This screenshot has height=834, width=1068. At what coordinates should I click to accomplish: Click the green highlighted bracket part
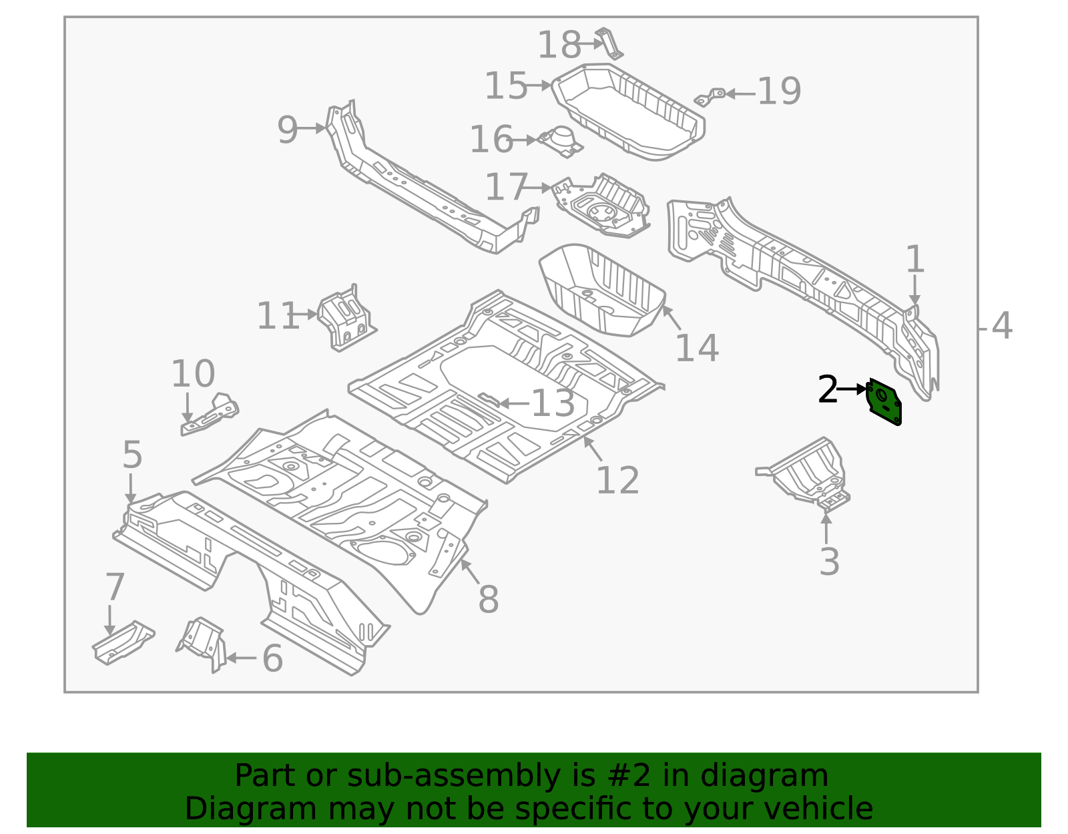(x=884, y=401)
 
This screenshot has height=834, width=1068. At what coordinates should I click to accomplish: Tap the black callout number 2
(x=828, y=389)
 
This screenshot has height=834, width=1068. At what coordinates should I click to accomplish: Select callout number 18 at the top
(x=559, y=45)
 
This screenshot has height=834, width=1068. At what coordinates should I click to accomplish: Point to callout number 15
(x=505, y=86)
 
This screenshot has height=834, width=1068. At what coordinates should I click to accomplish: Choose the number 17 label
(x=506, y=187)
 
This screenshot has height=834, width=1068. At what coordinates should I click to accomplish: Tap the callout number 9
(x=287, y=130)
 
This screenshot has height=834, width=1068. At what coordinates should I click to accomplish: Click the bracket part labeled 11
(x=347, y=318)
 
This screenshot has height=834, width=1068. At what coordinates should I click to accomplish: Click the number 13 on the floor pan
(x=553, y=403)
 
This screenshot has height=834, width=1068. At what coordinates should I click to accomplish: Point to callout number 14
(x=697, y=348)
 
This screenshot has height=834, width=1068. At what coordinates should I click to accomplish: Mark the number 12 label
(x=617, y=480)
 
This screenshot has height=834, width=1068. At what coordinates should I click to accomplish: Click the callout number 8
(x=489, y=599)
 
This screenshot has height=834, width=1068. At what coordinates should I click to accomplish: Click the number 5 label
(x=132, y=455)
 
